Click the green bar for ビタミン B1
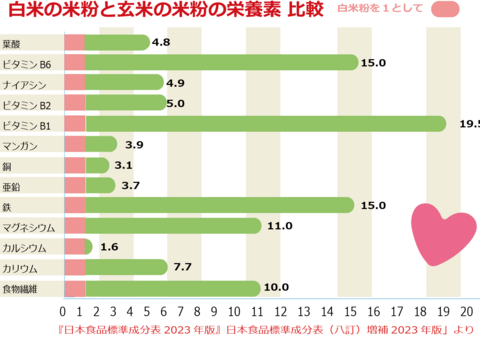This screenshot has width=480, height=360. (265, 124)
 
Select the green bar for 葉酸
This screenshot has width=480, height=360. (117, 42)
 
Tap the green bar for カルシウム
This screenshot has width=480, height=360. (89, 246)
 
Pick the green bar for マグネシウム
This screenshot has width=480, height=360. (173, 226)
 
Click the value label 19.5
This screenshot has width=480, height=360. (467, 124)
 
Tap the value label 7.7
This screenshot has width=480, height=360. (184, 267)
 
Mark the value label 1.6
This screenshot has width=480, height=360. (109, 246)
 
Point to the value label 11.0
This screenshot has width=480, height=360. (279, 226)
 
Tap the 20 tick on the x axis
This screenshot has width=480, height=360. (467, 309)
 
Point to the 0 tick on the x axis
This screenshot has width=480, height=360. (63, 309)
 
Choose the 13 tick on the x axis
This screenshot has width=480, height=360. (326, 309)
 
